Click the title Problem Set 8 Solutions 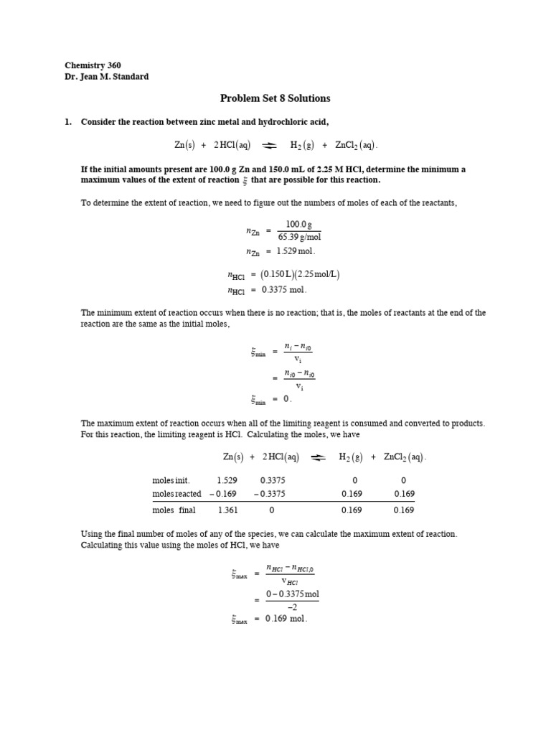tap(275, 98)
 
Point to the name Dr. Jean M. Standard tap(107, 77)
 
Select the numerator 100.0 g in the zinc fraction tap(298, 225)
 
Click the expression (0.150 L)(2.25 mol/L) tap(300, 274)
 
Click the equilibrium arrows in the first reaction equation tap(270, 145)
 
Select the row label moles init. tap(171, 480)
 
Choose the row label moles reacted tap(176, 494)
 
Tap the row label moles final tap(174, 510)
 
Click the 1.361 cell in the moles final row tap(227, 510)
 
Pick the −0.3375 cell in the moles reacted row tap(270, 494)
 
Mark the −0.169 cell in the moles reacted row tap(222, 494)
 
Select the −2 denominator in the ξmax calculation tap(292, 607)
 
